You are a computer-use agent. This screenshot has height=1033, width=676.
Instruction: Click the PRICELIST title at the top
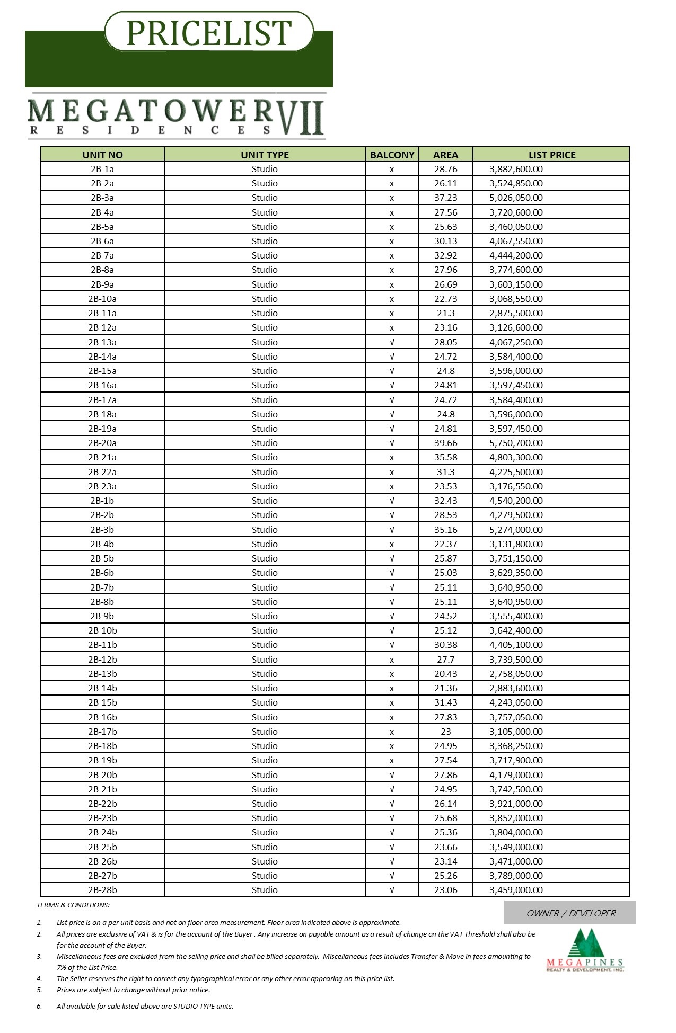pyautogui.click(x=209, y=32)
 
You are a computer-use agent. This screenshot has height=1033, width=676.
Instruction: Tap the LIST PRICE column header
pyautogui.click(x=551, y=155)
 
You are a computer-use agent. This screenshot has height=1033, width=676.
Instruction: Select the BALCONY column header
pyautogui.click(x=392, y=155)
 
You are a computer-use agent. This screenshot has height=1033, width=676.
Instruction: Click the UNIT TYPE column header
pyautogui.click(x=265, y=155)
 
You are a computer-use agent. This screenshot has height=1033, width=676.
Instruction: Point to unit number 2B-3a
pyautogui.click(x=102, y=198)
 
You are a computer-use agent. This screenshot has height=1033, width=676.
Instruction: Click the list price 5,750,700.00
pyautogui.click(x=516, y=443)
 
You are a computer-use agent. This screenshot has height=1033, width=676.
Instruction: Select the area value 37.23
pyautogui.click(x=445, y=198)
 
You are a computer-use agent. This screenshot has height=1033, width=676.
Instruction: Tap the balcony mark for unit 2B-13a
pyautogui.click(x=392, y=342)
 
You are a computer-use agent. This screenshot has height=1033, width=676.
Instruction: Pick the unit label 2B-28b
pyautogui.click(x=102, y=890)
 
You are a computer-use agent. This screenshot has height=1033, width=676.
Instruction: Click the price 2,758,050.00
pyautogui.click(x=516, y=674)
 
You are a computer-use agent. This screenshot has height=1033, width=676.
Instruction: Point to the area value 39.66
pyautogui.click(x=445, y=443)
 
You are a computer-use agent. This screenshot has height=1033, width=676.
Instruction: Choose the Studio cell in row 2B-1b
pyautogui.click(x=265, y=501)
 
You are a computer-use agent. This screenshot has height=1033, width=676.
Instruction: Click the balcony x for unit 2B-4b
pyautogui.click(x=392, y=544)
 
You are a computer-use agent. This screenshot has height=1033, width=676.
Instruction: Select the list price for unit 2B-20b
pyautogui.click(x=516, y=775)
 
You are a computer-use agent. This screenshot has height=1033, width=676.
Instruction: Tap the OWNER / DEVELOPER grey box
pyautogui.click(x=570, y=913)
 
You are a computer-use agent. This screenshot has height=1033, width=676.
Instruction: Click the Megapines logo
pyautogui.click(x=585, y=950)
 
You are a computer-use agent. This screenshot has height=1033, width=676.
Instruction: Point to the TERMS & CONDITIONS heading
pyautogui.click(x=73, y=905)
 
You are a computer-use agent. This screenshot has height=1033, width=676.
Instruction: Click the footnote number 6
pyautogui.click(x=39, y=1006)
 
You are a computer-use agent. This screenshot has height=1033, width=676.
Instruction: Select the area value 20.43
pyautogui.click(x=445, y=674)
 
